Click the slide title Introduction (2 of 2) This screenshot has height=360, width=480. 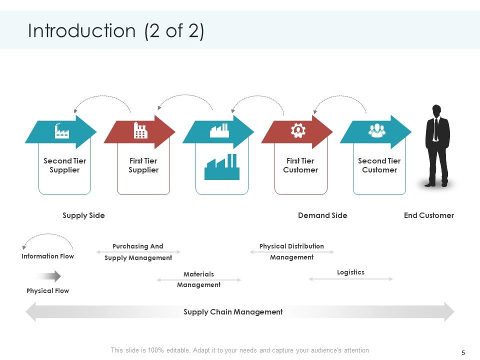(x=116, y=31)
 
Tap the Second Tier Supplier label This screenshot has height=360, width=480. (x=64, y=165)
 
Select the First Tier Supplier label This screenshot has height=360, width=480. (x=143, y=165)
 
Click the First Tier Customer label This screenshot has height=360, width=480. (x=300, y=165)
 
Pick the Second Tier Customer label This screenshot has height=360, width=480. (x=379, y=165)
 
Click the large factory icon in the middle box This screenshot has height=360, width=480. (x=222, y=167)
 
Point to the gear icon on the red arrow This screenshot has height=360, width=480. (x=298, y=131)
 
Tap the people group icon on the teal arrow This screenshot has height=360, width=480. (x=376, y=131)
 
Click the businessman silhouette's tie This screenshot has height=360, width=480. (x=436, y=129)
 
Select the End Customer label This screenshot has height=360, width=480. (x=428, y=215)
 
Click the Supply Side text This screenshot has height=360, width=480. (x=83, y=215)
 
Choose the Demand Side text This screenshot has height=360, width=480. (x=322, y=215)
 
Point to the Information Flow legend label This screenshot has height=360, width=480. (x=47, y=256)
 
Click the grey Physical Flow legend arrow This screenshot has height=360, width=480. (x=49, y=276)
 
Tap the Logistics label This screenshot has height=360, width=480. (x=350, y=272)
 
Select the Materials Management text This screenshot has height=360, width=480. (x=198, y=279)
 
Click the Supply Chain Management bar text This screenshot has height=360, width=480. (x=233, y=312)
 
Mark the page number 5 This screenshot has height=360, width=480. (x=463, y=352)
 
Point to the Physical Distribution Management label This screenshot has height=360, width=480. (x=291, y=251)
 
